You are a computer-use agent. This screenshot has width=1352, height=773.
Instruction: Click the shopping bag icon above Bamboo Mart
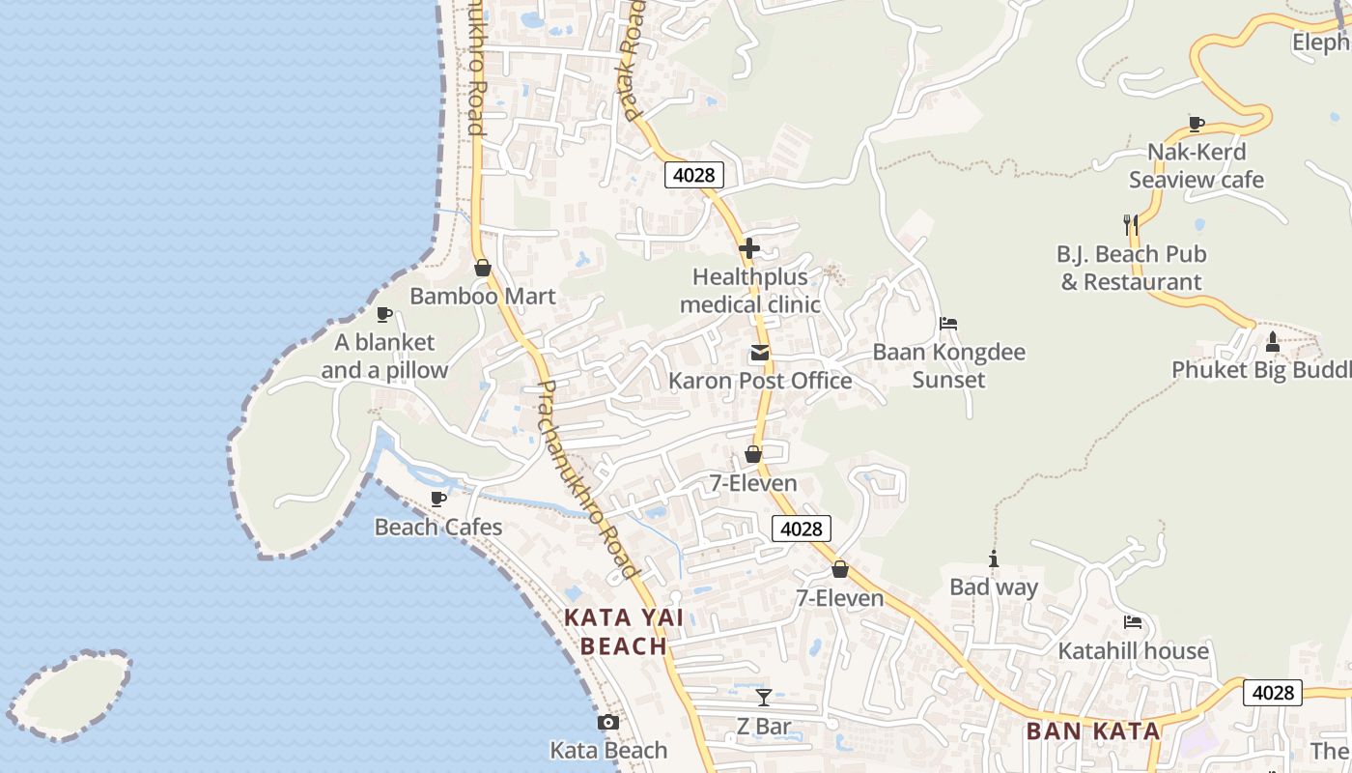pos(482,268)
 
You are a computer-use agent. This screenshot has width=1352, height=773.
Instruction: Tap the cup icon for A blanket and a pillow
pos(384,314)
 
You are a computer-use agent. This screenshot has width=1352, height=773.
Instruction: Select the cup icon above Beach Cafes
pos(438,499)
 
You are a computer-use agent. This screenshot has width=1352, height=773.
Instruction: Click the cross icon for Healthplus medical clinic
pos(748,248)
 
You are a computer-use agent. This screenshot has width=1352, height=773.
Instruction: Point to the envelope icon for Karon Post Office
pos(760,354)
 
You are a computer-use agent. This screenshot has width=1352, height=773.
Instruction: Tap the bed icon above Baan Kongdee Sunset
pos(948,324)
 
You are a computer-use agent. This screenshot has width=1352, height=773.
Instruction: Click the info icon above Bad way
pos(993,558)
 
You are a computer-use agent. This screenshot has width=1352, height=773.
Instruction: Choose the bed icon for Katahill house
pos(1133,622)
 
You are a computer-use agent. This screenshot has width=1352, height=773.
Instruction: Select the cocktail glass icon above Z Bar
pos(764,697)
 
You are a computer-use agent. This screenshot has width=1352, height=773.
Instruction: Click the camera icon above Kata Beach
pos(607,722)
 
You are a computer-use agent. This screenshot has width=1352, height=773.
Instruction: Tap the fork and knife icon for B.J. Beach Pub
pos(1131,225)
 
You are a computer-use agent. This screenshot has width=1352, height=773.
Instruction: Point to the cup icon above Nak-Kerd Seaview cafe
pos(1196,124)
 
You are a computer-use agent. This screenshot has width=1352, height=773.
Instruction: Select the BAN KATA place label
pos(1092,730)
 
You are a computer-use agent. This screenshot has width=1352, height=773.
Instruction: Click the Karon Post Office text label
pos(760,381)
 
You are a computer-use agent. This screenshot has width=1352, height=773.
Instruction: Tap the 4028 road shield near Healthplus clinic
pos(693,175)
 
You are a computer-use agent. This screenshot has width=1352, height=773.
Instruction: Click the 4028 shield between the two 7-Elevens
pos(802,529)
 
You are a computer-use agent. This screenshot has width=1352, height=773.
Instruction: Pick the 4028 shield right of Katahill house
pos(1272,692)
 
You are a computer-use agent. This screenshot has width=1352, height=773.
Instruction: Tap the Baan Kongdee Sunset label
pos(948,365)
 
